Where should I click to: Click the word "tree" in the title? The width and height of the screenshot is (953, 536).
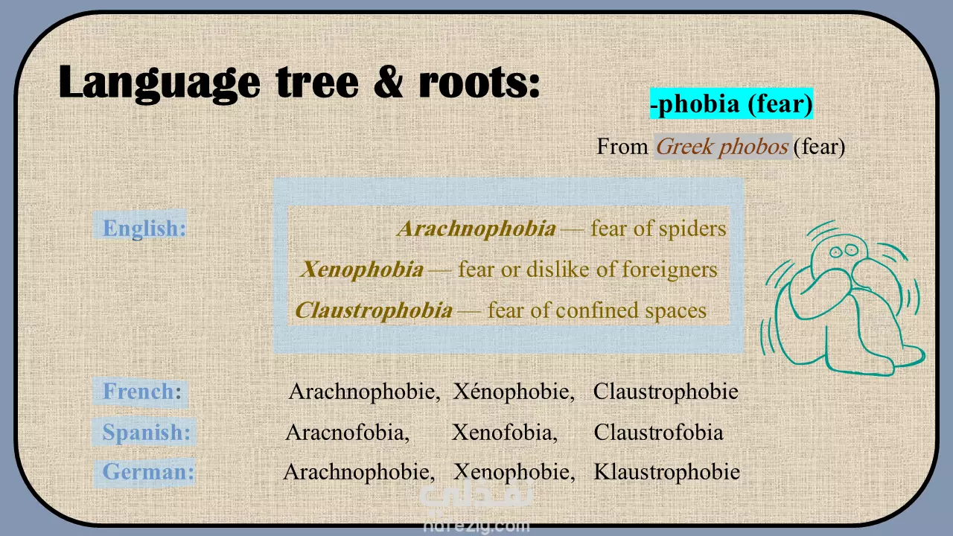(x=318, y=82)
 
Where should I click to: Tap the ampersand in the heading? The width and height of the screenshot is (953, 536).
(x=389, y=81)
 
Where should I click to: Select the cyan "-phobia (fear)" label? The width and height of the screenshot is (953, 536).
(x=731, y=103)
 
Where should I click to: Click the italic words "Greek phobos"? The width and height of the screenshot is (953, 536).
(x=722, y=147)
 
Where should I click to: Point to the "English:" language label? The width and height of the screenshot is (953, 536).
(x=144, y=228)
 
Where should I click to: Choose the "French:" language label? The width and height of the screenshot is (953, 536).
(x=142, y=392)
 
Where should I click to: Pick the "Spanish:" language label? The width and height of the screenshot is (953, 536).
(x=147, y=433)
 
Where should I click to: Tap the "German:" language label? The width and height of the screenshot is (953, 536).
(x=148, y=472)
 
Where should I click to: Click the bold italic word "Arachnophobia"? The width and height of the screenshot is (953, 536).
(x=476, y=229)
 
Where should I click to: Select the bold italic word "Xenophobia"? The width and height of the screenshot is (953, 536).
(x=362, y=269)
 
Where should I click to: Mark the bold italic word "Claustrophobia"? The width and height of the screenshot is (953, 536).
(x=374, y=310)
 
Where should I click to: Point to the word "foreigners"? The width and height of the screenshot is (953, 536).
(x=669, y=269)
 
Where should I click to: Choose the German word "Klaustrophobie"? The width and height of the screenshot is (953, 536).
(x=666, y=472)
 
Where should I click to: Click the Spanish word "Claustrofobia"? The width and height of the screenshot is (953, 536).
(x=658, y=433)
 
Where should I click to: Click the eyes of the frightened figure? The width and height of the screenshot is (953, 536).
(x=844, y=251)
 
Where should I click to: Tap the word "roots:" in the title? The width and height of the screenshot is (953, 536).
(x=479, y=82)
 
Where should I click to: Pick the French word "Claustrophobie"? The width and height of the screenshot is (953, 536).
(x=666, y=392)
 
